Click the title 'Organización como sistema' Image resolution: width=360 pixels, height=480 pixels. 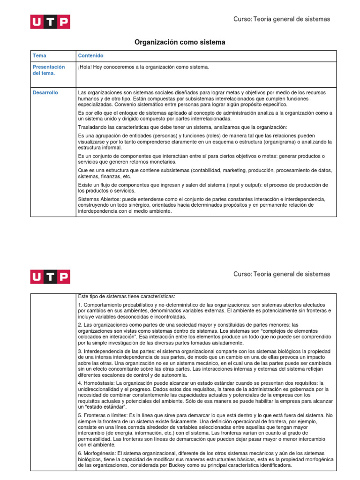click(180, 42)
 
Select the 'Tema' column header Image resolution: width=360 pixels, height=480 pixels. click(40, 56)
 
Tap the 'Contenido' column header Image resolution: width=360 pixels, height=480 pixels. click(91, 56)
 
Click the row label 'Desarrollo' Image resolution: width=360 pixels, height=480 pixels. click(45, 93)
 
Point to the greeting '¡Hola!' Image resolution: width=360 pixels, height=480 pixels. click(85, 67)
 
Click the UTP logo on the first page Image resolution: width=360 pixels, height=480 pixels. click(50, 22)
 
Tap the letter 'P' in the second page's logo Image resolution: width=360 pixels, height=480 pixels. click(63, 277)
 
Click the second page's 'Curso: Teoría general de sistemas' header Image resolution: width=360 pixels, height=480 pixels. click(282, 274)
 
